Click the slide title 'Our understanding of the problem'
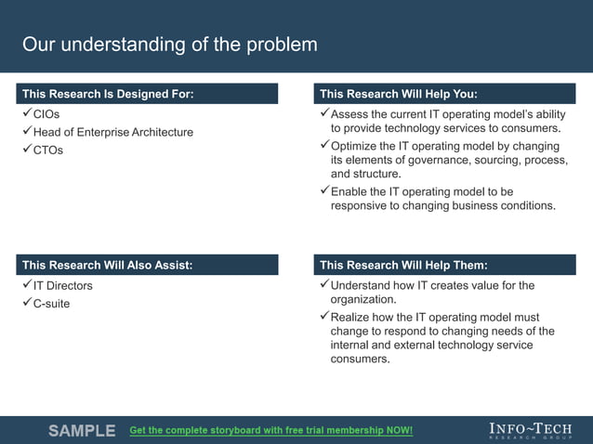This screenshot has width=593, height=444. click(x=169, y=45)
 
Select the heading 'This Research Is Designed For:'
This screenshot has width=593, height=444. click(x=108, y=94)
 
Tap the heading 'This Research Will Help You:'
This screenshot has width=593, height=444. click(x=399, y=94)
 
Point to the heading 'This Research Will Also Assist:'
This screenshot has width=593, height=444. click(x=108, y=266)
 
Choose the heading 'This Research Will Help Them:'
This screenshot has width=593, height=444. click(x=403, y=266)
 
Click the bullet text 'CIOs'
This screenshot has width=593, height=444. click(x=46, y=114)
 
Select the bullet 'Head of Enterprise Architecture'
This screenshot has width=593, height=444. click(x=113, y=132)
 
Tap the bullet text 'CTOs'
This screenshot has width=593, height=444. click(x=48, y=150)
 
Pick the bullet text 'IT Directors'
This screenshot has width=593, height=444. click(x=63, y=286)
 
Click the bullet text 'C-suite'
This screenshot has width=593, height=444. click(x=52, y=304)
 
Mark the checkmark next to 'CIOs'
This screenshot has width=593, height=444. click(x=26, y=113)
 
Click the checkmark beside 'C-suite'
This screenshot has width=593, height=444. click(x=26, y=303)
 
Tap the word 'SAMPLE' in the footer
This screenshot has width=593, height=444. click(x=82, y=431)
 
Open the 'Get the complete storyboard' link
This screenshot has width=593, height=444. click(x=270, y=431)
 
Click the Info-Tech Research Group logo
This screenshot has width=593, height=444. click(x=530, y=430)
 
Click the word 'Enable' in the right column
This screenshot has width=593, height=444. click(x=349, y=191)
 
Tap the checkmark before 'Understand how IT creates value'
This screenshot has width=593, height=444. click(x=323, y=285)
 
